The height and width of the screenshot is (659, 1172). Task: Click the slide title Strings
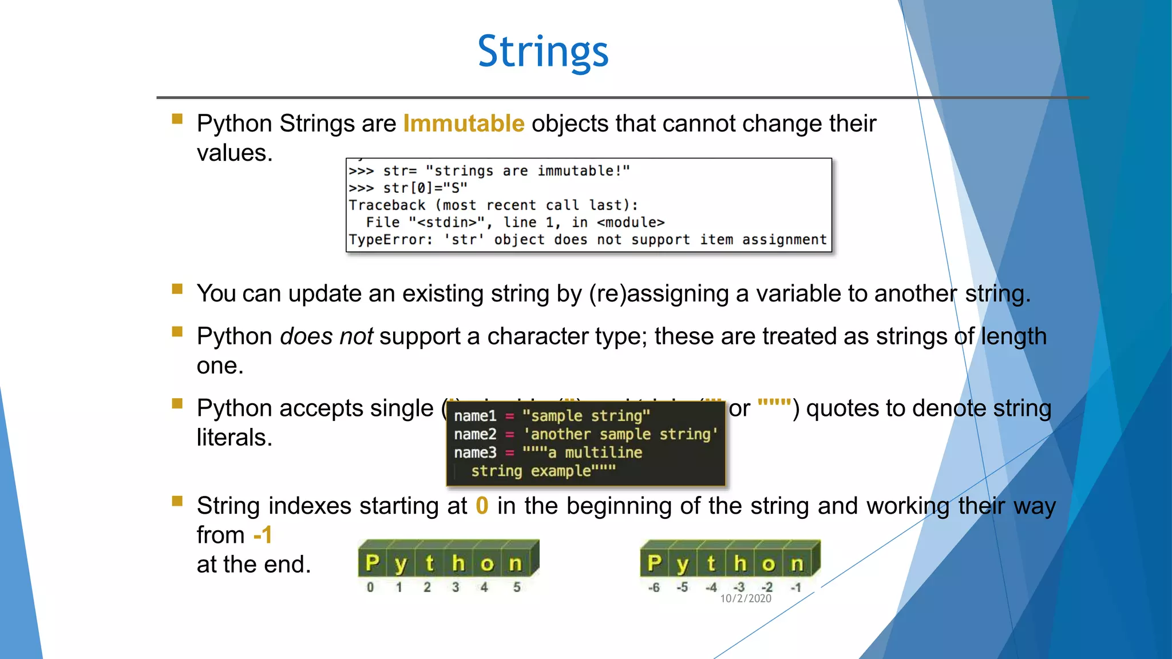click(543, 52)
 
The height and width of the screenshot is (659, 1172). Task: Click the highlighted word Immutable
click(464, 124)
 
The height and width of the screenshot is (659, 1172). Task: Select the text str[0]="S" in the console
click(425, 188)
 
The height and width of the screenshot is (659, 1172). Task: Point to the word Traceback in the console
click(387, 205)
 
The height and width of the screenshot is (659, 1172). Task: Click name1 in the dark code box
click(475, 416)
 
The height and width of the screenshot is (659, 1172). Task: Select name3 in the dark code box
click(475, 452)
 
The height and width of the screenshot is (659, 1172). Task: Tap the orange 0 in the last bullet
click(482, 506)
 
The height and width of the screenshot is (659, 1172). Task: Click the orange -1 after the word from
click(263, 535)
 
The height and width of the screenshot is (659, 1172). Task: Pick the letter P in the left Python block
click(372, 563)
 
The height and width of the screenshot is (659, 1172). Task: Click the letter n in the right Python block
click(797, 564)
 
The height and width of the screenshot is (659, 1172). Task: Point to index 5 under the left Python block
click(517, 587)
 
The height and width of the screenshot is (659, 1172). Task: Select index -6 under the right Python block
click(654, 587)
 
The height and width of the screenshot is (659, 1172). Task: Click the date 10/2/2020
click(745, 598)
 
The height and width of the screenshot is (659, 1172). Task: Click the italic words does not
click(326, 336)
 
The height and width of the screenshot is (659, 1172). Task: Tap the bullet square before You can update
click(177, 289)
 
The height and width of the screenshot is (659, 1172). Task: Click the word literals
click(234, 438)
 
